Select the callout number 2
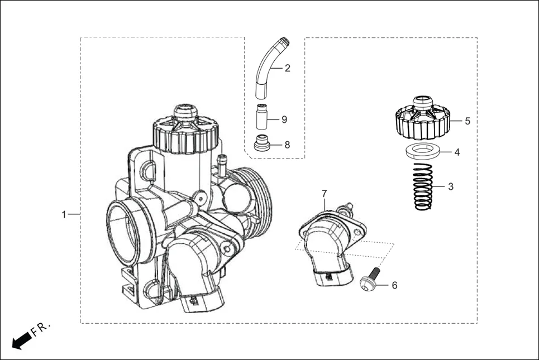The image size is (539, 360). (287, 69)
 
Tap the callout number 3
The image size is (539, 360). (450, 187)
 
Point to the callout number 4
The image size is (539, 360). (456, 152)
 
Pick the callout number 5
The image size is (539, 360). (467, 121)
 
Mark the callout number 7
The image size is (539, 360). (324, 193)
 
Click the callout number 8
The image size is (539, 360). (287, 145)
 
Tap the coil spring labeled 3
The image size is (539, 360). (423, 188)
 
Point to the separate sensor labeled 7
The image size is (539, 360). (330, 246)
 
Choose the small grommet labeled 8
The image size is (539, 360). (262, 143)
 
